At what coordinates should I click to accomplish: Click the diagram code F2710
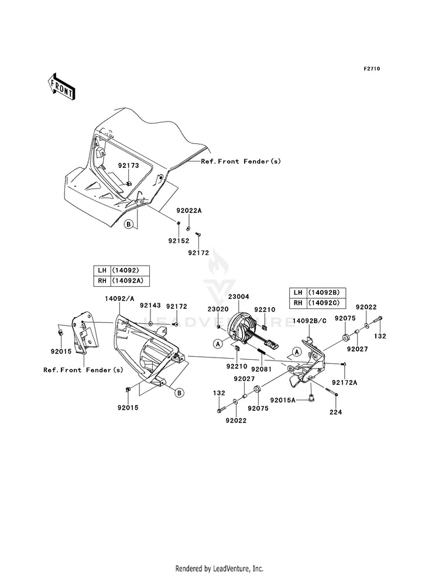(x=372, y=68)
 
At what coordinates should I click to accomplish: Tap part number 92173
(x=129, y=166)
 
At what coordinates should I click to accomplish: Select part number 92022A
(x=189, y=211)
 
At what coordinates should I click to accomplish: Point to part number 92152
(x=179, y=241)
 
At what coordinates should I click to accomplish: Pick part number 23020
(x=218, y=310)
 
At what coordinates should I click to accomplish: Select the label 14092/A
(x=118, y=298)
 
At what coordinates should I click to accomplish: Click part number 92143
(x=150, y=305)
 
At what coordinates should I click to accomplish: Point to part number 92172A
(x=345, y=383)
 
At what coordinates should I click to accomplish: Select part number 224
(x=336, y=412)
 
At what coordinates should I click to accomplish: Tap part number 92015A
(x=283, y=400)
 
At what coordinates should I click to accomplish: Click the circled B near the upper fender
(x=129, y=224)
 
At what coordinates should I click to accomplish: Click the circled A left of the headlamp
(x=218, y=343)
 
